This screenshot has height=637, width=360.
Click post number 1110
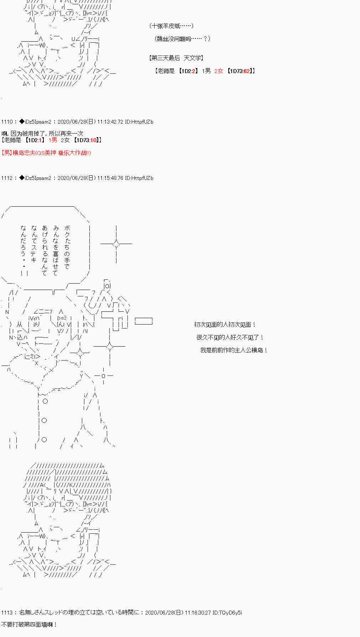coord(7,122)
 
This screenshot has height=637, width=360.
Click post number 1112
coord(7,178)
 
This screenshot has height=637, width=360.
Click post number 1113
coord(7,612)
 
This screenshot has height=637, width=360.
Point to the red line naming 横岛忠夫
coord(46,153)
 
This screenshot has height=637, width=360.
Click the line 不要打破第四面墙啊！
coord(29,625)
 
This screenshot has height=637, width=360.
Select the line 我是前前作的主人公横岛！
coord(234,350)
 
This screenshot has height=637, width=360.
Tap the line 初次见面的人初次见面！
coord(225,325)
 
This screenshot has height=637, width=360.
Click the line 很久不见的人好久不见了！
coord(230,337)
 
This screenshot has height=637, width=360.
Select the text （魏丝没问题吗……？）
coord(182,39)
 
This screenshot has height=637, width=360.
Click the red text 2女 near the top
coord(219,71)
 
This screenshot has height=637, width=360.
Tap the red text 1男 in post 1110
coord(53,140)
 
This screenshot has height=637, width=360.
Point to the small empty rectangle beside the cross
coord(144,321)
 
